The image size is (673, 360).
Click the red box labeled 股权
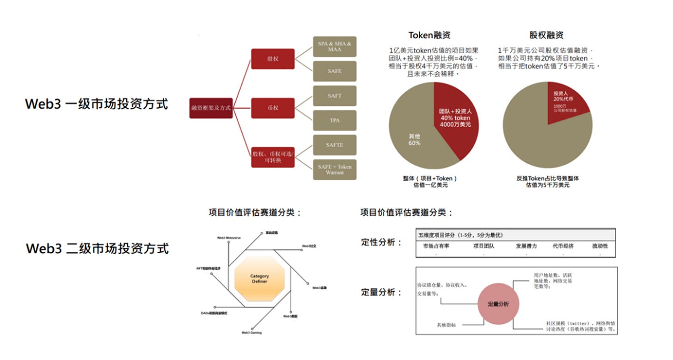[x=273, y=59]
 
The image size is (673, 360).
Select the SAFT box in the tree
[x=335, y=96]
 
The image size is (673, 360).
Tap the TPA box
[x=335, y=120]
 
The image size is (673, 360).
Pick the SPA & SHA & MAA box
[x=335, y=47]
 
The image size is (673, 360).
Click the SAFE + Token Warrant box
[x=335, y=170]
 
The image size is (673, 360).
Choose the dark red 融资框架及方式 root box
[x=211, y=108]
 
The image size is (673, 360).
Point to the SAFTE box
[x=335, y=145]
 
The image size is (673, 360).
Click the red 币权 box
[x=273, y=108]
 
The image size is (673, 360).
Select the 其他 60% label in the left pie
[x=414, y=140]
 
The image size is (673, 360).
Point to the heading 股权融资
[x=546, y=35]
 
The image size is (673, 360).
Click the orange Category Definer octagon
[x=259, y=279]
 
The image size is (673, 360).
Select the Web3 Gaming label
[x=251, y=333]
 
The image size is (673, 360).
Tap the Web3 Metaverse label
[x=229, y=238]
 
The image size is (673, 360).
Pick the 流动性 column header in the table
[x=600, y=246]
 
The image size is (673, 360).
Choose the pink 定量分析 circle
[x=498, y=304]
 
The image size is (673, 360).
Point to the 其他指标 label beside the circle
[x=446, y=325]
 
